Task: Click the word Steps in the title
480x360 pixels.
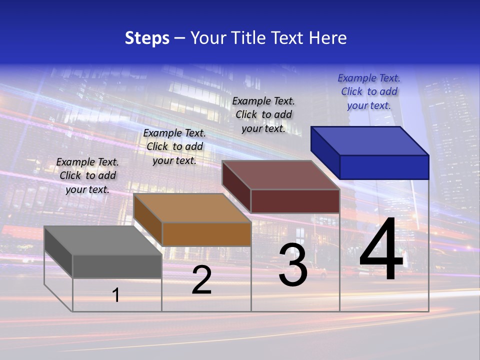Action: click(147, 38)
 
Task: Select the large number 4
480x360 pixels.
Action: click(381, 250)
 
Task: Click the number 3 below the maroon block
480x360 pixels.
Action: click(293, 265)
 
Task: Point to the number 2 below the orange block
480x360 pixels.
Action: click(201, 280)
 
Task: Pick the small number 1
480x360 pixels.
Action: click(116, 295)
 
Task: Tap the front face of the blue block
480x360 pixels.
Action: click(384, 167)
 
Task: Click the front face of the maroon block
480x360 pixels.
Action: click(295, 201)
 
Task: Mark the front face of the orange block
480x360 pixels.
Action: click(206, 234)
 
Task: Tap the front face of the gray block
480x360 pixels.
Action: click(117, 266)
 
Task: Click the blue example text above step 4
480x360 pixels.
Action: click(369, 91)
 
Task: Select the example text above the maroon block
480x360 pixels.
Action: click(263, 114)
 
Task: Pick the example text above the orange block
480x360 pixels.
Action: click(174, 146)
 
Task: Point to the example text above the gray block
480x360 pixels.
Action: click(87, 175)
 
